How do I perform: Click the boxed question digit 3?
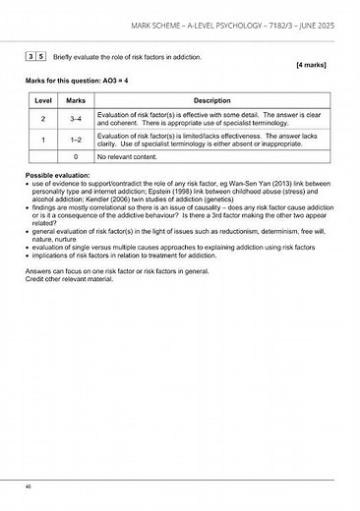30,57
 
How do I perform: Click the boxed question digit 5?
39,57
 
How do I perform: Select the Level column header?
43,100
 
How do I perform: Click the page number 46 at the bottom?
30,486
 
